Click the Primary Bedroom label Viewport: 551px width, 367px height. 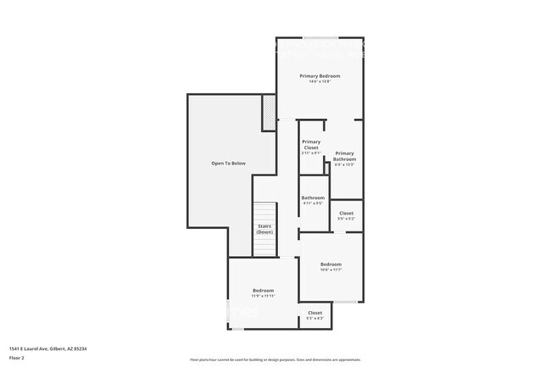point(319,76)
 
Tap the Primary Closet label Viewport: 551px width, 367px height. point(311,144)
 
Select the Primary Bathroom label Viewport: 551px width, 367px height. point(344,156)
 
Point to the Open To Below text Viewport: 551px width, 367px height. point(228,163)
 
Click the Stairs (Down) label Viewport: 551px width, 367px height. point(265,229)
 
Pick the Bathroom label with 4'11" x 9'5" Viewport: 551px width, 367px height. point(313,198)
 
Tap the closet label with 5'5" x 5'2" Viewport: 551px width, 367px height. point(346,213)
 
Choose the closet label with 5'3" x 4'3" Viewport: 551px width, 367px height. point(314,313)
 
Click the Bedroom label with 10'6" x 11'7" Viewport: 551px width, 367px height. point(331,264)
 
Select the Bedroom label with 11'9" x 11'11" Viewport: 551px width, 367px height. point(263,291)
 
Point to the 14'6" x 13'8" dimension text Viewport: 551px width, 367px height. point(319,81)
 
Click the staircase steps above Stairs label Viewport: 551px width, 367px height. point(266,212)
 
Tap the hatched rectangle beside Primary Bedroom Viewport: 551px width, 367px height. point(269,113)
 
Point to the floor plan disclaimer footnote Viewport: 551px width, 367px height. point(275,359)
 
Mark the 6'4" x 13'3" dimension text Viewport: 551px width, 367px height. point(344,164)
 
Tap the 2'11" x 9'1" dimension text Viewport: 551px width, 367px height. point(311,153)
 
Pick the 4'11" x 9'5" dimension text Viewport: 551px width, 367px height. point(313,203)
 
